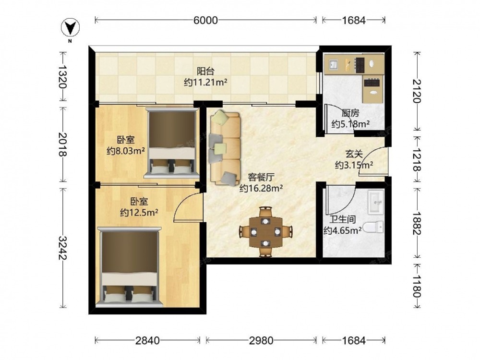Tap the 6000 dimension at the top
click(x=206, y=20)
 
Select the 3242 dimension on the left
click(x=63, y=248)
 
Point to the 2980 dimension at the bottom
click(x=261, y=340)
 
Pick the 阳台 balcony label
click(x=205, y=72)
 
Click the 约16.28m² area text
click(x=261, y=188)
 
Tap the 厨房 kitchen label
click(x=350, y=113)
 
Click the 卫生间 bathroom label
click(x=343, y=219)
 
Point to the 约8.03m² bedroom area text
click(x=126, y=151)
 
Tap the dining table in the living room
click(x=265, y=232)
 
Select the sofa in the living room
click(x=225, y=149)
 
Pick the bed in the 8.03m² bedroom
click(x=172, y=143)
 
